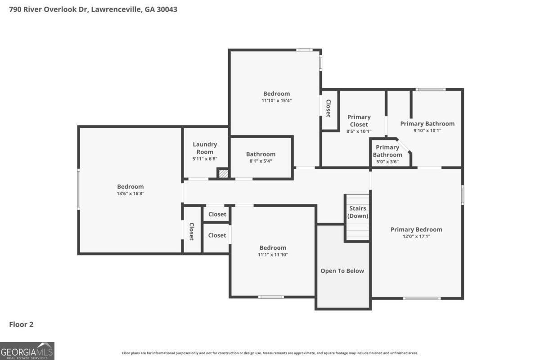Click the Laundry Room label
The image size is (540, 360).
point(205,148)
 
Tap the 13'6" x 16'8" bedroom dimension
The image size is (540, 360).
point(130,193)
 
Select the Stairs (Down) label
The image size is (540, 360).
point(358,212)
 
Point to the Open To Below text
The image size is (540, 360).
point(342,271)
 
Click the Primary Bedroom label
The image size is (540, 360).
point(416,229)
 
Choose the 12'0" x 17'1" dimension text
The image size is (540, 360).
point(416,236)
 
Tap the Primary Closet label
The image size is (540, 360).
point(359,121)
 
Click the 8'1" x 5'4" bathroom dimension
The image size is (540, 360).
point(261,161)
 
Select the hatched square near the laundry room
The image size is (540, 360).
point(223,173)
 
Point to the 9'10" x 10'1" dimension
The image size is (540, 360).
point(427,131)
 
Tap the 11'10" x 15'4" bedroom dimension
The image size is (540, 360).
point(276,101)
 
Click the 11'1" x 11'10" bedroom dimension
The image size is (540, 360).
point(273,255)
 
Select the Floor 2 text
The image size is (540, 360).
point(21,324)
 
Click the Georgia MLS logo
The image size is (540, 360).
point(27,351)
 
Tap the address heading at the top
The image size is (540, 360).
point(93,9)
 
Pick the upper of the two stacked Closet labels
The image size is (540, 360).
point(217,214)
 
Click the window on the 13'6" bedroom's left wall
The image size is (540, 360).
point(78,189)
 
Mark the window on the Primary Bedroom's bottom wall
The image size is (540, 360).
point(422,298)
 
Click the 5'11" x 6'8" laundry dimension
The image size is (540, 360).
point(205,159)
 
